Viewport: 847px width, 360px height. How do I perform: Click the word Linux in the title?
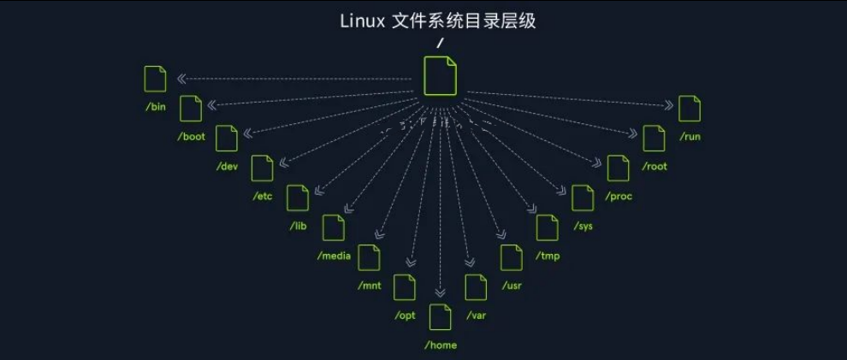click(x=363, y=21)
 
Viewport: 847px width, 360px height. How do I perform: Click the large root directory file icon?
click(x=441, y=76)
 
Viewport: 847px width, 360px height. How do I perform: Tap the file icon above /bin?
click(x=156, y=79)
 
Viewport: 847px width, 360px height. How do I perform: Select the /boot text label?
click(x=191, y=137)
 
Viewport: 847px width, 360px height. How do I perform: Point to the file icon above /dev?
click(x=227, y=139)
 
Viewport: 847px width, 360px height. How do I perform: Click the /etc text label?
click(x=262, y=197)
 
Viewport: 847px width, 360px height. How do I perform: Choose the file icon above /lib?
click(x=298, y=198)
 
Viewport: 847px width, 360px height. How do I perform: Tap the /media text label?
click(x=334, y=257)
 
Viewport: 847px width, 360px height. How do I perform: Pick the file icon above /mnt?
click(x=369, y=257)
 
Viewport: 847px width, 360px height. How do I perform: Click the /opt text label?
click(x=404, y=316)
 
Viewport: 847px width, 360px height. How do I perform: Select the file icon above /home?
click(x=440, y=317)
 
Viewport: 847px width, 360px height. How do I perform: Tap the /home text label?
click(x=441, y=345)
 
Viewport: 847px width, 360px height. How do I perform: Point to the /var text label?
click(x=476, y=316)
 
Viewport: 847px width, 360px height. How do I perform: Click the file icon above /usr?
click(x=512, y=257)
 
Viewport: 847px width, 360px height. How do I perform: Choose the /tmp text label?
click(x=547, y=257)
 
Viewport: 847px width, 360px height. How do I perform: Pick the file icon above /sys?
click(x=583, y=198)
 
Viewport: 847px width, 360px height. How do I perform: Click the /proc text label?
click(x=618, y=197)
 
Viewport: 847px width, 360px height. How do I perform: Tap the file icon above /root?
click(x=654, y=139)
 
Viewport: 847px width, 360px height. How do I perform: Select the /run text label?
click(x=690, y=137)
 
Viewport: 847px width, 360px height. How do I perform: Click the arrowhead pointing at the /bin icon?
click(x=182, y=80)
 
